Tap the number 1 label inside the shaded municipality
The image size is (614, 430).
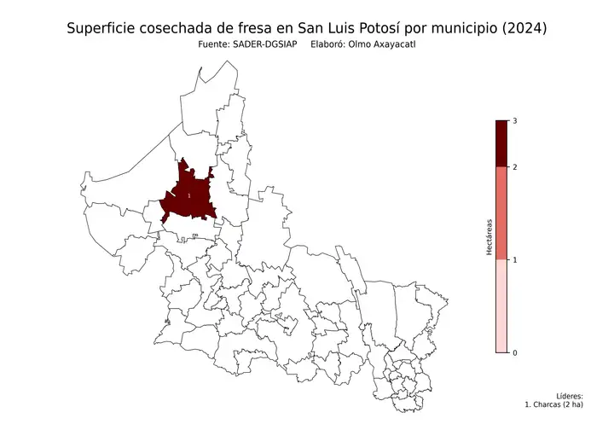[188, 196]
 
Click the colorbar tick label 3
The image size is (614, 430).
[514, 121]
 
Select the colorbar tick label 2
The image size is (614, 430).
[514, 167]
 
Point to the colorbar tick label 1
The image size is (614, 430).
[514, 259]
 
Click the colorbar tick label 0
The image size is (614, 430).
[514, 352]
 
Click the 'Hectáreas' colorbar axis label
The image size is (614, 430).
[489, 237]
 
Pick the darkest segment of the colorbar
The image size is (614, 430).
[501, 143]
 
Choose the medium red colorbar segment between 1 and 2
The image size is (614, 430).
[501, 213]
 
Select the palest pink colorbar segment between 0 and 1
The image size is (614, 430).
[501, 305]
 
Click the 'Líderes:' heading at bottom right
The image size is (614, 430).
[569, 397]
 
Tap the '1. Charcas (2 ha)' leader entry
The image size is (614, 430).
[554, 405]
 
